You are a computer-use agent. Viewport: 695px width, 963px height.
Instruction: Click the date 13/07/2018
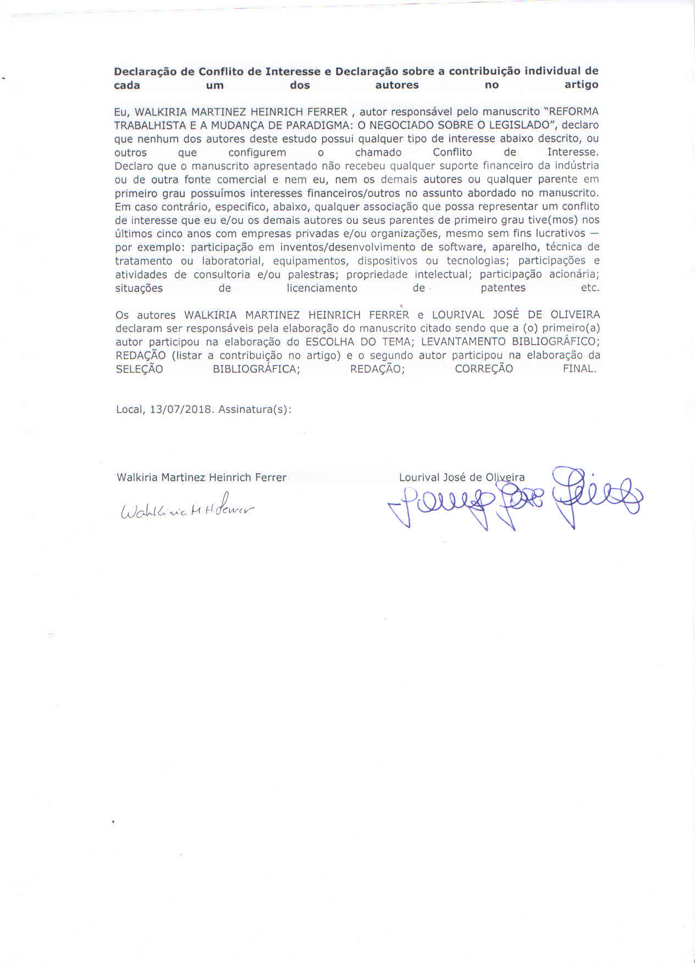[181, 409]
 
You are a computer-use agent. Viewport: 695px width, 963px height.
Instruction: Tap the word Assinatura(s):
[255, 409]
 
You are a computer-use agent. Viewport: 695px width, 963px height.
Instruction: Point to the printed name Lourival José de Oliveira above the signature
[462, 478]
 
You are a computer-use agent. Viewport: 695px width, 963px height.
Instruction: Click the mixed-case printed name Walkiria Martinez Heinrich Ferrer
[201, 478]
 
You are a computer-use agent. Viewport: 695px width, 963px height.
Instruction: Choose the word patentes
[503, 288]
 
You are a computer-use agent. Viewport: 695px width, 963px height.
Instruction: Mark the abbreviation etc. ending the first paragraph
[590, 288]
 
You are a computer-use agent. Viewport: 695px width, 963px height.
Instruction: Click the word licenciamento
[322, 288]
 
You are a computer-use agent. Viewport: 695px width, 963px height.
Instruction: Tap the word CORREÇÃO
[484, 369]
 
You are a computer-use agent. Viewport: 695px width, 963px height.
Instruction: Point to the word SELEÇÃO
[140, 369]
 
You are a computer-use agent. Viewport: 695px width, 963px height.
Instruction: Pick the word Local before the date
[130, 409]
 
